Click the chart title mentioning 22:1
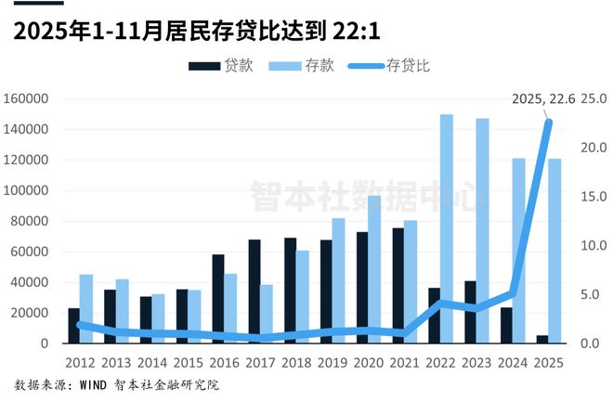pyautogui.click(x=199, y=31)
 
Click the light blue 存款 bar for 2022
pyautogui.click(x=447, y=228)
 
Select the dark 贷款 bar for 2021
pyautogui.click(x=398, y=285)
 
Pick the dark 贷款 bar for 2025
pyautogui.click(x=542, y=339)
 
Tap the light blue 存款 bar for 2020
pyautogui.click(x=374, y=269)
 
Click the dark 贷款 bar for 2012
pyautogui.click(x=74, y=326)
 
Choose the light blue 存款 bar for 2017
pyautogui.click(x=266, y=314)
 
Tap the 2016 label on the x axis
pyautogui.click(x=224, y=361)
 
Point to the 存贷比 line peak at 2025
pyautogui.click(x=548, y=123)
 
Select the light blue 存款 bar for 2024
pyautogui.click(x=519, y=251)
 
